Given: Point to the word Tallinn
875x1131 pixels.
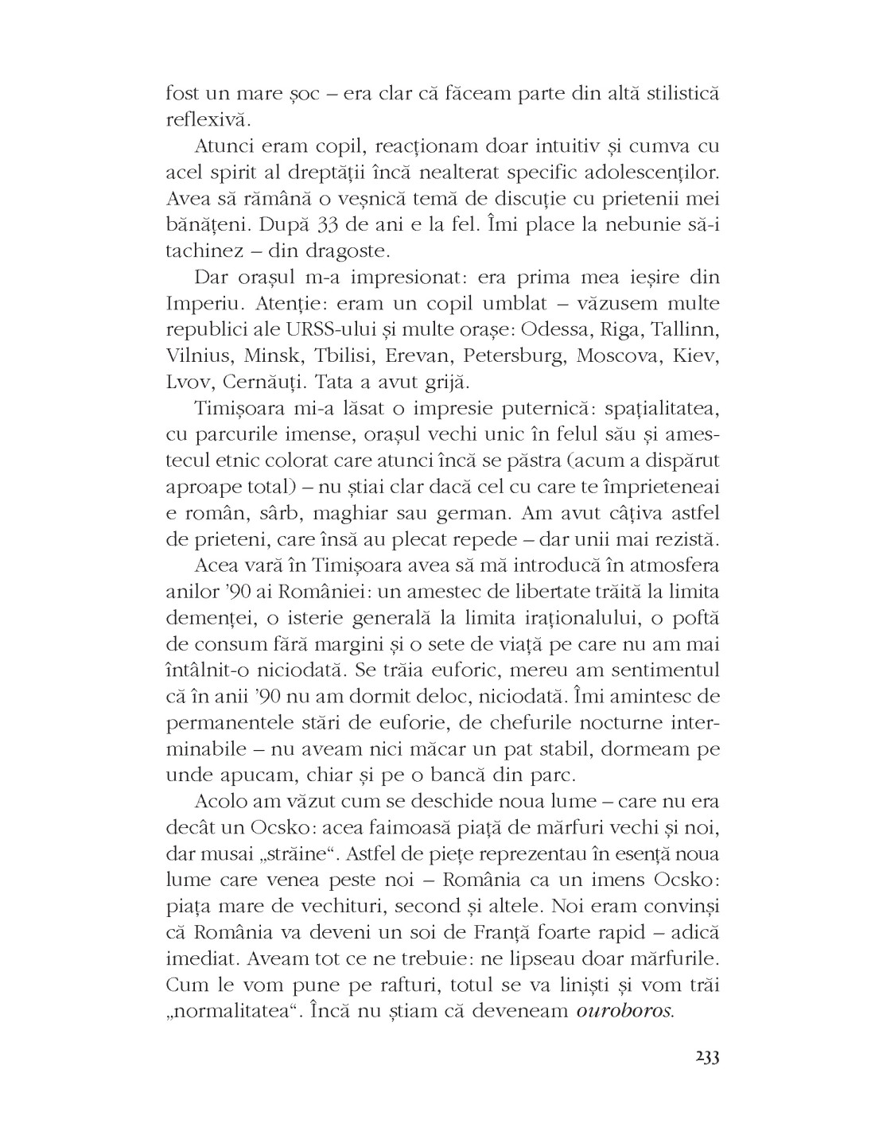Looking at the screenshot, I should pyautogui.click(x=685, y=330).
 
